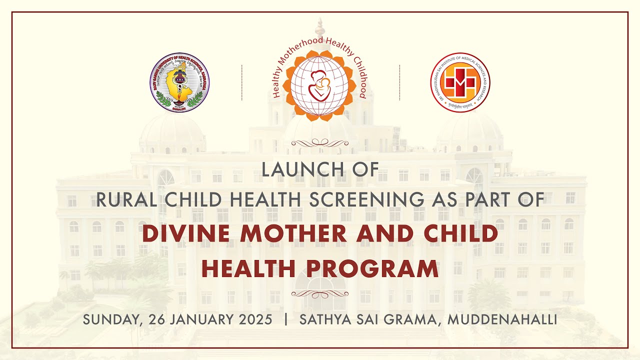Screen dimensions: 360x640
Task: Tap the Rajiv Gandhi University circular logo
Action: pyautogui.click(x=179, y=82)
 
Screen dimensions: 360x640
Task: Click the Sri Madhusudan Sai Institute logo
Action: pyautogui.click(x=460, y=82)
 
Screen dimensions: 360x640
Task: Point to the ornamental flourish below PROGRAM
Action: pyautogui.click(x=320, y=294)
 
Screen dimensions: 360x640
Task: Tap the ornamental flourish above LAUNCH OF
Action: pyautogui.click(x=320, y=143)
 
